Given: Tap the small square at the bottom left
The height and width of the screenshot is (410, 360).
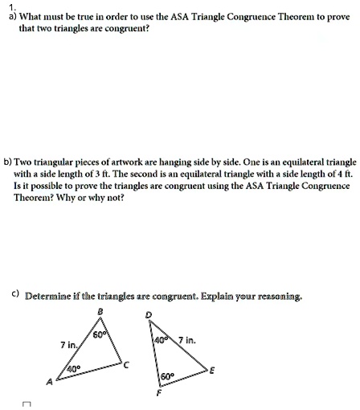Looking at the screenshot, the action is pyautogui.click(x=27, y=405).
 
